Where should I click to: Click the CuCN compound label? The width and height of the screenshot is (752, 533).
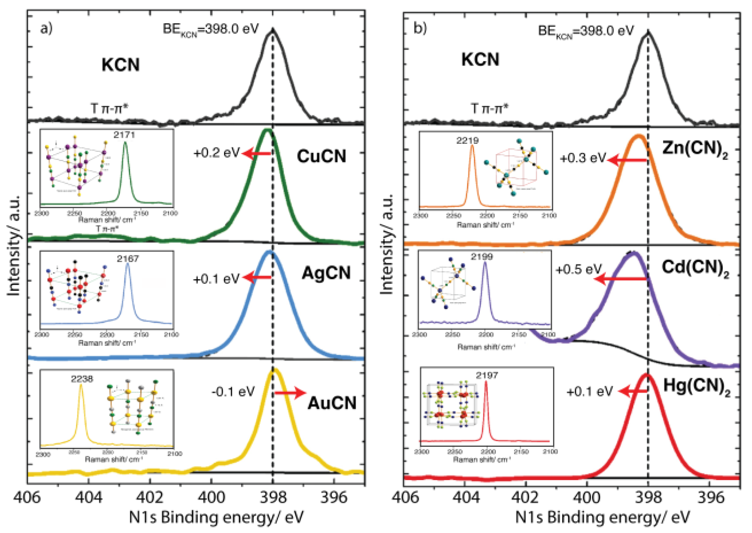click(x=321, y=156)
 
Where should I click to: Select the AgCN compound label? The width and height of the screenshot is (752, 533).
click(x=326, y=273)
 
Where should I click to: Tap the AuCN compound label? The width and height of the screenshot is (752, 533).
click(x=332, y=403)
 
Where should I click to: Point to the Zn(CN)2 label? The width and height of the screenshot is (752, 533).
click(x=695, y=149)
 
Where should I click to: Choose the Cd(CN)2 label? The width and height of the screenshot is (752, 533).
click(x=695, y=268)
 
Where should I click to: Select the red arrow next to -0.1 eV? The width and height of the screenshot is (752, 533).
click(x=290, y=393)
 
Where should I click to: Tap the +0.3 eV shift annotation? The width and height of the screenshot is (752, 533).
click(x=583, y=158)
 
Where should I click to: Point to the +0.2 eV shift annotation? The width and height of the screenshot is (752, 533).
click(x=216, y=153)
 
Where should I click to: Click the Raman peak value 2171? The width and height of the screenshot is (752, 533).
click(x=124, y=135)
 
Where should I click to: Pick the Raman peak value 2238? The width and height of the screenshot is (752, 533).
click(x=82, y=378)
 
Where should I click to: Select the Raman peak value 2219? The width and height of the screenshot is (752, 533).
click(x=467, y=140)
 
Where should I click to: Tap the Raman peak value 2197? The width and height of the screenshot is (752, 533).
click(x=487, y=375)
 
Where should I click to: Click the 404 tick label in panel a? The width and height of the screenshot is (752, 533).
click(x=89, y=498)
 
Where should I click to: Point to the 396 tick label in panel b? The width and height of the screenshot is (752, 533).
click(x=710, y=498)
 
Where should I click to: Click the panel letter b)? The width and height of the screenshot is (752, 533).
click(x=420, y=28)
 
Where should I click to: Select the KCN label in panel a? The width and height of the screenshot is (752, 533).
click(x=120, y=65)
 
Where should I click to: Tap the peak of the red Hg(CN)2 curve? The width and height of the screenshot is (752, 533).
click(x=646, y=375)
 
